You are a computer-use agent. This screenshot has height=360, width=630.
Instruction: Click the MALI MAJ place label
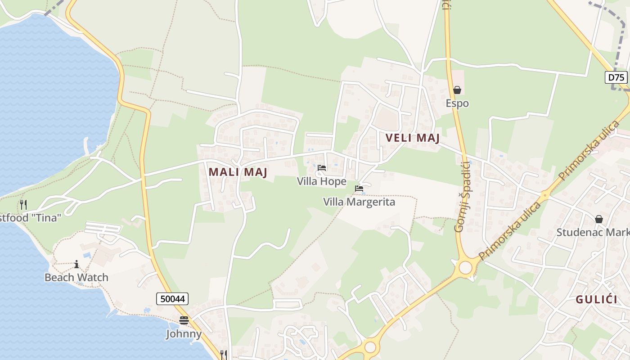(x=238, y=172)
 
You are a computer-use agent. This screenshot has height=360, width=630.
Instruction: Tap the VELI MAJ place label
(x=412, y=138)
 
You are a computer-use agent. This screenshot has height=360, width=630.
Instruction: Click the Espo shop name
(x=457, y=103)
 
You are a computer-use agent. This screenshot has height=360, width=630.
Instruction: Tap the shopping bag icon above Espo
(x=457, y=90)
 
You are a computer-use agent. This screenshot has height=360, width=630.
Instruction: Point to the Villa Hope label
(x=321, y=181)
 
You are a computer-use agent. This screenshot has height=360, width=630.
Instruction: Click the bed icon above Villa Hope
(x=322, y=168)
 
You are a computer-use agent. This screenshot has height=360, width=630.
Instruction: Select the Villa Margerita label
(x=359, y=202)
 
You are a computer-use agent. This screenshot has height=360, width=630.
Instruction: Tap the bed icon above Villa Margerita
(x=359, y=189)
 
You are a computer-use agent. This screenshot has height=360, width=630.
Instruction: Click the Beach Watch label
(x=76, y=277)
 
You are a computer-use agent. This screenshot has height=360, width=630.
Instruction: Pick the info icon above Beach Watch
(x=76, y=264)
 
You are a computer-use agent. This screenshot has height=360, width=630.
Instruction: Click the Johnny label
(x=184, y=334)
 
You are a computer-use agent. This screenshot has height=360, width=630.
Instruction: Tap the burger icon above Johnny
(x=184, y=320)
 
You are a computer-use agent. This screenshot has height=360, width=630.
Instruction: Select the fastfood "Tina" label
(x=31, y=218)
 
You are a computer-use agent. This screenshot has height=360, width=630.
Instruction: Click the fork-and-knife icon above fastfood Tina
(x=23, y=205)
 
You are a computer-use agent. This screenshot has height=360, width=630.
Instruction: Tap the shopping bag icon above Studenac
(x=599, y=219)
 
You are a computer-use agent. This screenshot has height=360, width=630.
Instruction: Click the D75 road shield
(x=616, y=77)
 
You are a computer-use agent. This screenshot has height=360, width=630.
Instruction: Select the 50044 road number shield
(x=172, y=298)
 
